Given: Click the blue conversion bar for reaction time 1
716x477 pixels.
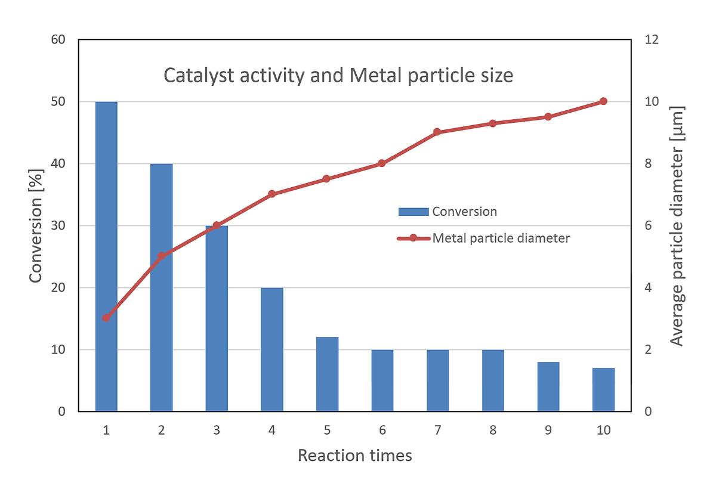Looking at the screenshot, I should coord(106,256).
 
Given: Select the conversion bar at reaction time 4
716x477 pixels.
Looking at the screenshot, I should coord(272,349).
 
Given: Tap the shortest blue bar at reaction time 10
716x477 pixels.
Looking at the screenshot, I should coord(603,389).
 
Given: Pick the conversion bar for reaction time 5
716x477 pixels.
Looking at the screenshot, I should coord(327,374).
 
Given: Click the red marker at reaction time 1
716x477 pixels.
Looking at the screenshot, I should coord(106,318).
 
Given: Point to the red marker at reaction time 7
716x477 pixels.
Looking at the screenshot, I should coord(437,132).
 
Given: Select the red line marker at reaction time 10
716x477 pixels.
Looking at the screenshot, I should coord(603,101).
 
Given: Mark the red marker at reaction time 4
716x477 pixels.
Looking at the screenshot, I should coord(272,194).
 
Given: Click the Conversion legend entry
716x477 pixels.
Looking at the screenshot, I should coord(447,211).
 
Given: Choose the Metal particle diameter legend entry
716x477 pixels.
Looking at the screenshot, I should coord(483,238).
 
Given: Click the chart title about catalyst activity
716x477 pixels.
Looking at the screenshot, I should coord(338,76).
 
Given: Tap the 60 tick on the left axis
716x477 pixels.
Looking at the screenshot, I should coord(58,39).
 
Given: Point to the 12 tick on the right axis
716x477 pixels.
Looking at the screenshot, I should coord(652,39).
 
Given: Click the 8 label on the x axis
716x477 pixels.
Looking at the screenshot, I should coord(493,430).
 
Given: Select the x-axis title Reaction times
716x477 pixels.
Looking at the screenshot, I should coord(354,456).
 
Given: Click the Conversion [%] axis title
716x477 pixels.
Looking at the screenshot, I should coord(36,225).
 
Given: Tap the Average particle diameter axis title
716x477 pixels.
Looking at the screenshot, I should coord(677,225).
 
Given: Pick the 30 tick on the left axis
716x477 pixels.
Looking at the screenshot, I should coord(58,225).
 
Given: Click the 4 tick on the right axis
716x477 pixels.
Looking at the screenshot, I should coord(649,287).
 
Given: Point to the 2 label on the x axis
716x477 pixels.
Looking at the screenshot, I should coord(162,430).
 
